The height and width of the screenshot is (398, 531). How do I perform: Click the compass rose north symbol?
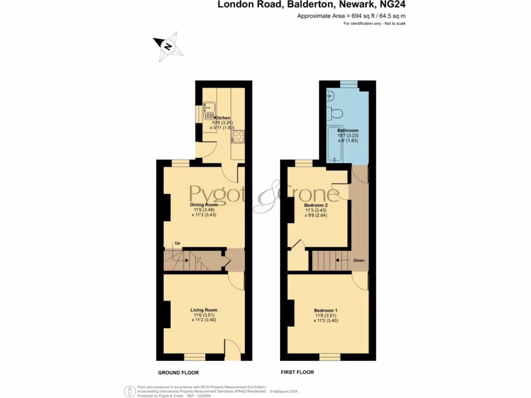click(167, 46)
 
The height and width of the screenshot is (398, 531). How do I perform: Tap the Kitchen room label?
click(222, 118)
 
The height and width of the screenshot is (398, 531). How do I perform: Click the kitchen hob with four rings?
click(237, 136)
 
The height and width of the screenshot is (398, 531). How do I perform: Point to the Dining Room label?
click(203, 205)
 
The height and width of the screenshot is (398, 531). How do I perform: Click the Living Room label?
click(204, 310)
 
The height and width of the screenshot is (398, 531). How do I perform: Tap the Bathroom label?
click(347, 131)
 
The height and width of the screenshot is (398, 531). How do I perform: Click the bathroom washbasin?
click(330, 95)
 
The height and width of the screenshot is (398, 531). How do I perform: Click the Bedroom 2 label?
click(316, 205)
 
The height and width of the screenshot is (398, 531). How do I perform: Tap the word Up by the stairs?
click(177, 243)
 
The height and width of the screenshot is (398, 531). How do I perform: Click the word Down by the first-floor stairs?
click(359, 260)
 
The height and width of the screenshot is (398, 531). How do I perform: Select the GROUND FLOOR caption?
click(178, 373)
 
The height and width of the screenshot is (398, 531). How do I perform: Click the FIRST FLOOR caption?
click(297, 372)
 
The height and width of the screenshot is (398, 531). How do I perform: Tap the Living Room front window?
click(195, 357)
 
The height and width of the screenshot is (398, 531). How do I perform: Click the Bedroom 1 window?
click(330, 357)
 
